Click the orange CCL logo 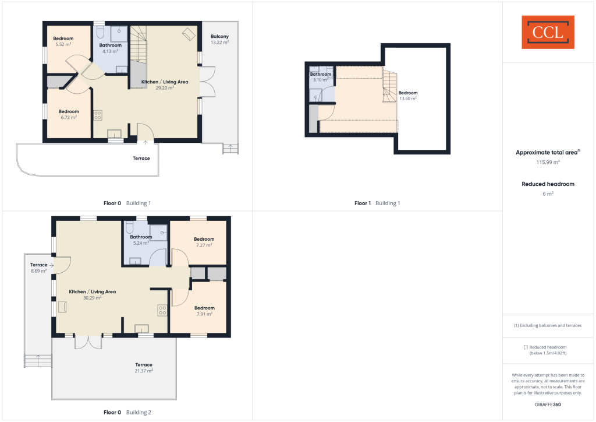548,32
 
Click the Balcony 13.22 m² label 219,40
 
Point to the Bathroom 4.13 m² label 110,48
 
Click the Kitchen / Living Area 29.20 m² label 165,85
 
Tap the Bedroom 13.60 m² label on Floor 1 407,96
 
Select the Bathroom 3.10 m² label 320,77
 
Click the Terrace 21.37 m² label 144,367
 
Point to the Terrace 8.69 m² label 39,268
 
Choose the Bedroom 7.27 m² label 204,242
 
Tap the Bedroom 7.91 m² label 204,311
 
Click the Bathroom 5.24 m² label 141,240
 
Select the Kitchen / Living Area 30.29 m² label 93,294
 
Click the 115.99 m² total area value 548,162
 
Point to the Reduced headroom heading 548,184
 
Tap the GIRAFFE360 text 548,404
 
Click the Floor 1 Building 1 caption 377,203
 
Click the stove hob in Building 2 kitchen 162,311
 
